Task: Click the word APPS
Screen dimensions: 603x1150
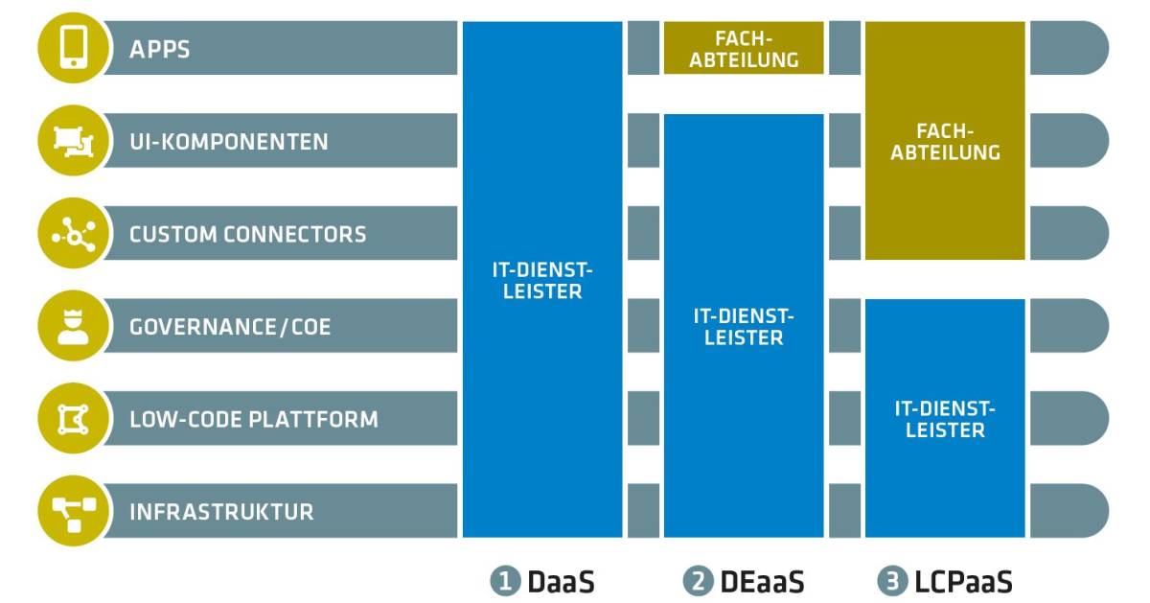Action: pyautogui.click(x=160, y=49)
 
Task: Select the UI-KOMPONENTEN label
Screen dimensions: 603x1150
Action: pyautogui.click(x=229, y=142)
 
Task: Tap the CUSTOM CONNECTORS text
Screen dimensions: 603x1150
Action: pyautogui.click(x=247, y=234)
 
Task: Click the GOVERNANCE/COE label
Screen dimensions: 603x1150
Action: pyautogui.click(x=230, y=327)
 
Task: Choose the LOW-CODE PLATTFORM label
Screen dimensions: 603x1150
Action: pyautogui.click(x=254, y=419)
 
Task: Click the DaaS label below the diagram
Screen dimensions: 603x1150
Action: pyautogui.click(x=561, y=581)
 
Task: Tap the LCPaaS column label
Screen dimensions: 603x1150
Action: pyautogui.click(x=960, y=581)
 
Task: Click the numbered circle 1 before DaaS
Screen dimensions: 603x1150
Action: pyautogui.click(x=504, y=581)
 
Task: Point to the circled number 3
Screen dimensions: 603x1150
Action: pyautogui.click(x=890, y=581)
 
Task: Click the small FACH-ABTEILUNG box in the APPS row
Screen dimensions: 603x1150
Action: pyautogui.click(x=744, y=48)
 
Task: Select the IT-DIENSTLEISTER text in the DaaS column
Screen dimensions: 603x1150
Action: pyautogui.click(x=542, y=280)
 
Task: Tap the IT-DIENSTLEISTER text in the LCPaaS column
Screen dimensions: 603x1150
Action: pyautogui.click(x=945, y=419)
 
